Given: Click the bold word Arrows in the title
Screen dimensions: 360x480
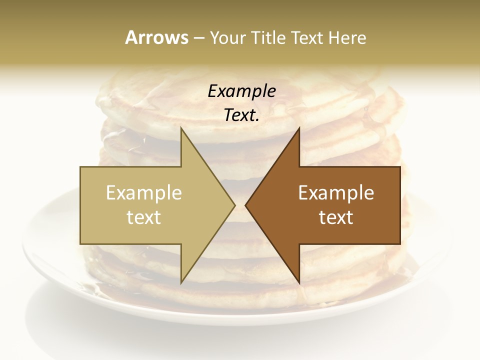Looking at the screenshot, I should pos(156,37).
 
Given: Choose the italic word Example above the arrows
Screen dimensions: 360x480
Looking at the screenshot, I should pos(242,91).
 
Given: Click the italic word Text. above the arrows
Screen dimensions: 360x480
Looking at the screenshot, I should pos(242,115).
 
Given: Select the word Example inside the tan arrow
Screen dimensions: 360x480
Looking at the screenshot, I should pos(144,193).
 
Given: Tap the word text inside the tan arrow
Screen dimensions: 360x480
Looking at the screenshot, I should pos(144,217).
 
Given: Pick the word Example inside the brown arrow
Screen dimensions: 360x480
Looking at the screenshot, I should pos(336,193).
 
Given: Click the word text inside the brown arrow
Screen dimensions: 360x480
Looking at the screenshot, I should pos(336,217).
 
